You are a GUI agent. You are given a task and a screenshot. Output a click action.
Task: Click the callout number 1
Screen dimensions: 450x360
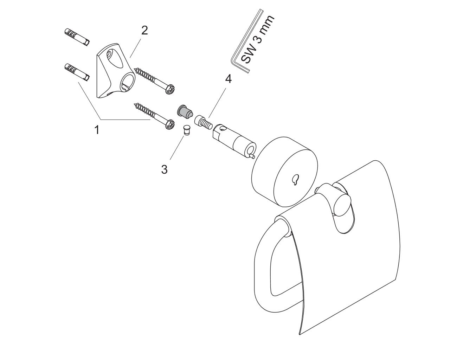pos(97,130)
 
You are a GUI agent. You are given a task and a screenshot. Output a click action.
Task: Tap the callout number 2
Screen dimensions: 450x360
pos(144,31)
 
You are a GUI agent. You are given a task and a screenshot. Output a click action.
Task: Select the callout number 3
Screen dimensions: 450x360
pos(165,169)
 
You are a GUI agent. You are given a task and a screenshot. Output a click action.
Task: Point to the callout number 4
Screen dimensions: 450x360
pos(229,79)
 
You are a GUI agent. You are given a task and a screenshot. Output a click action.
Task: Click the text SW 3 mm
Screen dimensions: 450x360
pos(257,39)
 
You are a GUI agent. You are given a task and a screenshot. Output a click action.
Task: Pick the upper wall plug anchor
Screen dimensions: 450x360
pos(77,37)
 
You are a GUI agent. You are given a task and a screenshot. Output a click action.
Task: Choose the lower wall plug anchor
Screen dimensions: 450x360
pos(77,72)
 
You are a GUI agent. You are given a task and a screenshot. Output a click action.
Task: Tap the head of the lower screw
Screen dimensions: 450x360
pos(169,124)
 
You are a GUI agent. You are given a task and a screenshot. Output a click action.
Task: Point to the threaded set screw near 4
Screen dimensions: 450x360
pos(204,123)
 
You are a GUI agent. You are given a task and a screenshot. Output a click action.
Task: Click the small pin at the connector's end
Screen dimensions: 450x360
pos(252,156)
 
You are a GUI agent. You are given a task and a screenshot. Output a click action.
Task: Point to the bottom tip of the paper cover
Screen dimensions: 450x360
pos(300,334)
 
